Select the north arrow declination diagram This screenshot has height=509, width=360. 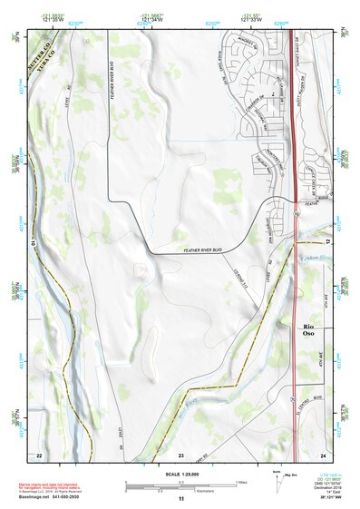point(275,482)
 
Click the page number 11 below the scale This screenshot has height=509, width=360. point(180,499)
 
